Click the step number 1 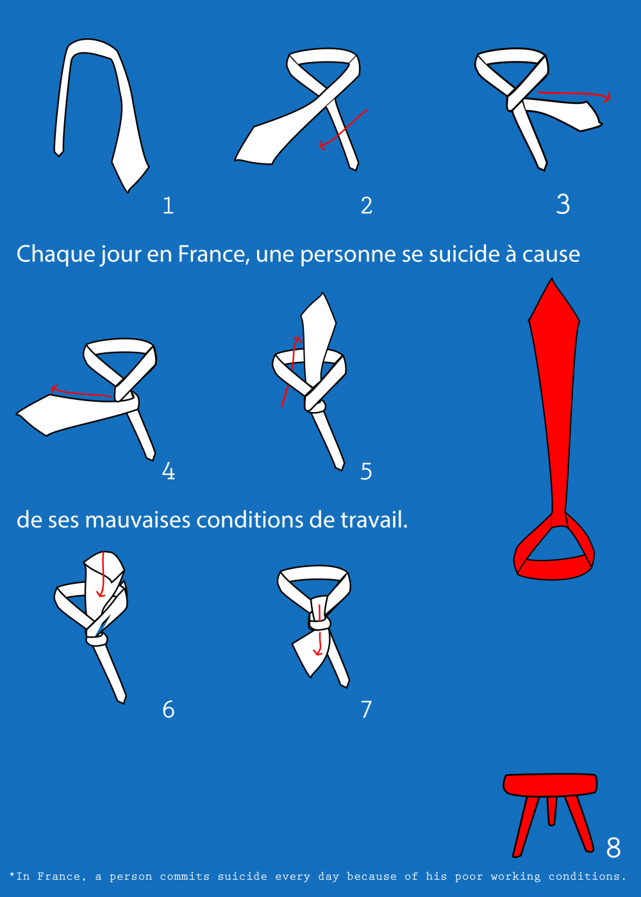(168, 206)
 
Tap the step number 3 (563, 204)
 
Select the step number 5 (366, 472)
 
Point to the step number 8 (613, 847)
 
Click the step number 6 (168, 710)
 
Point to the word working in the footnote (515, 876)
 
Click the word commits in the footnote (185, 876)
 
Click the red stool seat (550, 784)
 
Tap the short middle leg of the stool (551, 810)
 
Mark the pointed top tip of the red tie (552, 279)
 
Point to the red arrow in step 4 (81, 391)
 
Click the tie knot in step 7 (319, 623)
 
